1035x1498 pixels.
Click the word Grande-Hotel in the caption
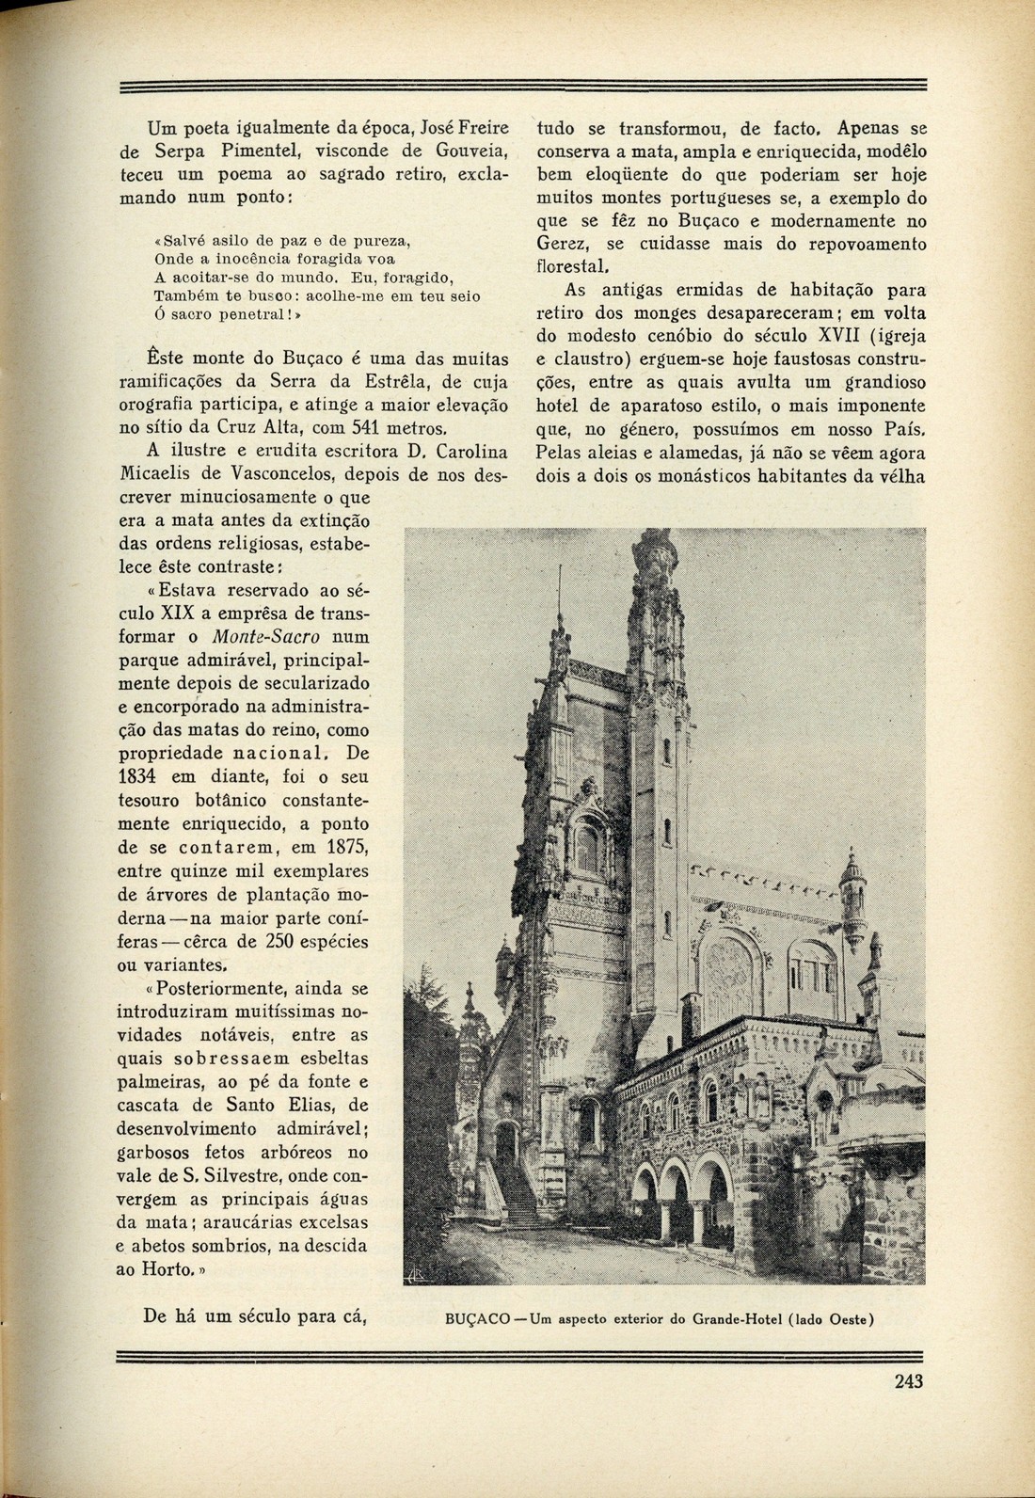[x=740, y=1318]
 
